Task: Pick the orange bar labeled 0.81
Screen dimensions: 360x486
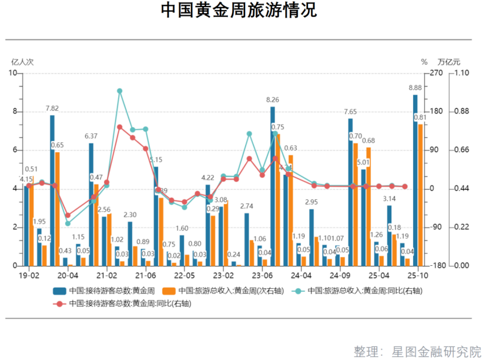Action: pos(421,194)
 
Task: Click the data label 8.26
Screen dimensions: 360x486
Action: pos(273,100)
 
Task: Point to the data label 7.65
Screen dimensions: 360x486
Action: pos(350,112)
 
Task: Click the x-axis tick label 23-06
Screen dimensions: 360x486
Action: pos(262,275)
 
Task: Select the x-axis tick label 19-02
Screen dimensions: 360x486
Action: pos(29,275)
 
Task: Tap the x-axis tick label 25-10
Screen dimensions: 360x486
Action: pos(417,275)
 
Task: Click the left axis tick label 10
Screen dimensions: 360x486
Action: pos(14,73)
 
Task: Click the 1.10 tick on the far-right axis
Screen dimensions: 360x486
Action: pos(462,73)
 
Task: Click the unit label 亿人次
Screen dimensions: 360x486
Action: pos(22,61)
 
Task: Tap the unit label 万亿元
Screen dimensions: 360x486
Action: pos(450,61)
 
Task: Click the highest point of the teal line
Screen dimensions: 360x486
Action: pos(119,91)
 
